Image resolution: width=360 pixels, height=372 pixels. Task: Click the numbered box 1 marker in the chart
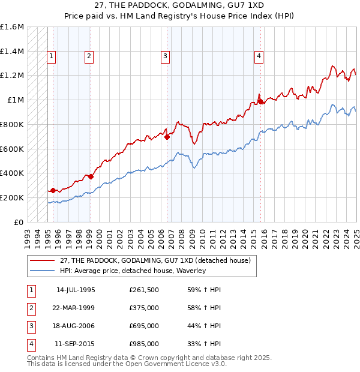[52, 56]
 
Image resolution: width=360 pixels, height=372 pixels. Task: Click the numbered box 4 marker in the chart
[259, 56]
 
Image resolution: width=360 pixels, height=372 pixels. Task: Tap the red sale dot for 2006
[167, 137]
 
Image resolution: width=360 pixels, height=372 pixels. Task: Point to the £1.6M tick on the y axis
[12, 27]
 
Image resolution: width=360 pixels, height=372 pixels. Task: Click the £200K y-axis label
[12, 197]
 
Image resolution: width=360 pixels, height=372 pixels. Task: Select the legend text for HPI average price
[133, 271]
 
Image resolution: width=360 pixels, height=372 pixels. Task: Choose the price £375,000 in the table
[143, 308]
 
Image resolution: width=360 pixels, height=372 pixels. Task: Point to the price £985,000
[143, 344]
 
